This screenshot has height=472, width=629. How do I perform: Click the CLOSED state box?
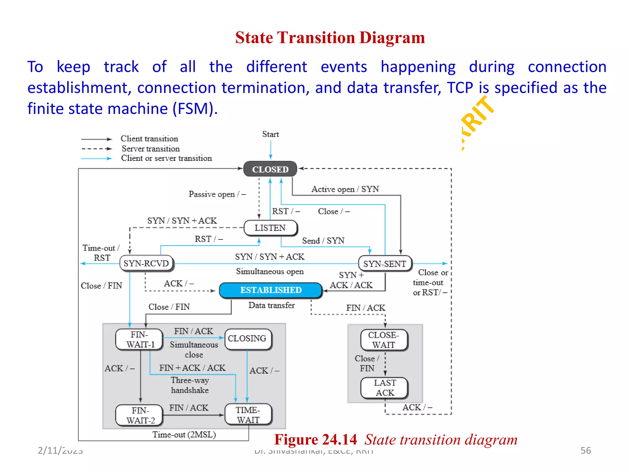pos(270,169)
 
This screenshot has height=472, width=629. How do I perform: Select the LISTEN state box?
pos(270,228)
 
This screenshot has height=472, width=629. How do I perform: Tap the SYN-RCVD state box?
pos(146,264)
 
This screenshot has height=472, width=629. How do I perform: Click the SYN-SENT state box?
pos(385,264)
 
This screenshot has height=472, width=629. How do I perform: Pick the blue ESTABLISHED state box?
pos(271,290)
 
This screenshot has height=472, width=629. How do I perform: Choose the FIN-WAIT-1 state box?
pos(140,339)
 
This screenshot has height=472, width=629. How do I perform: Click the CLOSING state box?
pos(248,339)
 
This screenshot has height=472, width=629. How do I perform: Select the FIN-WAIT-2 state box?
pos(140,415)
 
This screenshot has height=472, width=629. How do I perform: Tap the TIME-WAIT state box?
pos(248,415)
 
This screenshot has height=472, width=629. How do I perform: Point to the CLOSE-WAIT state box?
pos(384,340)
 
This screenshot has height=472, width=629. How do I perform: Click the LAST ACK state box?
pos(385,388)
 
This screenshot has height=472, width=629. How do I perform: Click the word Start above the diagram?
pos(270,134)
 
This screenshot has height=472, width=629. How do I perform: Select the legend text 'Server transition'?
pos(150,149)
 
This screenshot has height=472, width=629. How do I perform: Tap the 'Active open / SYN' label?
pos(345,189)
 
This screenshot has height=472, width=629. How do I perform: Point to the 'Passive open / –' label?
pos(217,194)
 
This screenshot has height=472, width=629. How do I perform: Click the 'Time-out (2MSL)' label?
pos(184,435)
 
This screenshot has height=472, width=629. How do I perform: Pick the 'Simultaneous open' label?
pos(270,272)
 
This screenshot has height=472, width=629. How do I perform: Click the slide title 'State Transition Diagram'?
pos(330,38)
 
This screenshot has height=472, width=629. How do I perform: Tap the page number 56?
pos(585,450)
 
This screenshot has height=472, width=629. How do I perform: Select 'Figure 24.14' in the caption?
pos(315,439)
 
